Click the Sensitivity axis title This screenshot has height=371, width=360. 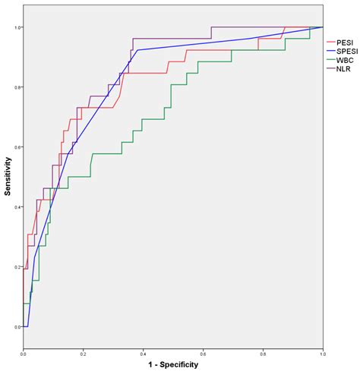(x=8, y=177)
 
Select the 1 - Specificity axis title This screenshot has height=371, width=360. (x=173, y=365)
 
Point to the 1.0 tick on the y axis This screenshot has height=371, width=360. (x=17, y=27)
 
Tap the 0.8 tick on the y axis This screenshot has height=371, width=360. (x=17, y=87)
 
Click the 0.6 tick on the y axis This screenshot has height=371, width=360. (x=17, y=147)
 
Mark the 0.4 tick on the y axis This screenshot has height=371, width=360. (x=17, y=207)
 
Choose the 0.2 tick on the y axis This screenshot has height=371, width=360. (x=17, y=267)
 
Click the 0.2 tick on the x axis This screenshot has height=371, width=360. (x=84, y=354)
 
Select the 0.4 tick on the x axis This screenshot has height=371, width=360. (x=144, y=354)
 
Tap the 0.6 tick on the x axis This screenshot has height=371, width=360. (x=204, y=354)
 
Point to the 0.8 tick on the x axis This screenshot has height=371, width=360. (x=264, y=354)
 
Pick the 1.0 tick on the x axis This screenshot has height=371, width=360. (x=323, y=354)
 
